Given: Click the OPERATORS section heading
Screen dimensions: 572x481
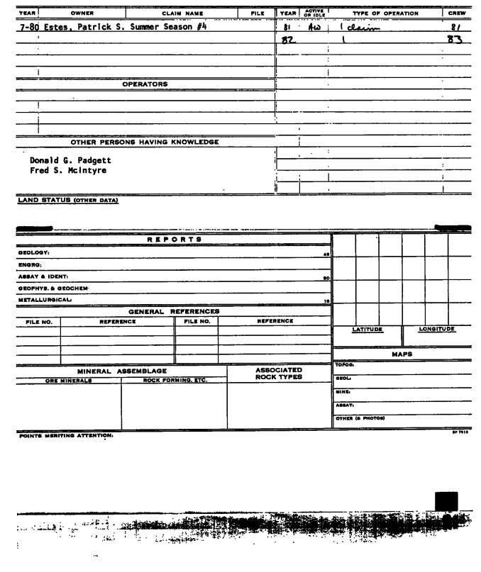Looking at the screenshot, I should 145,84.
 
